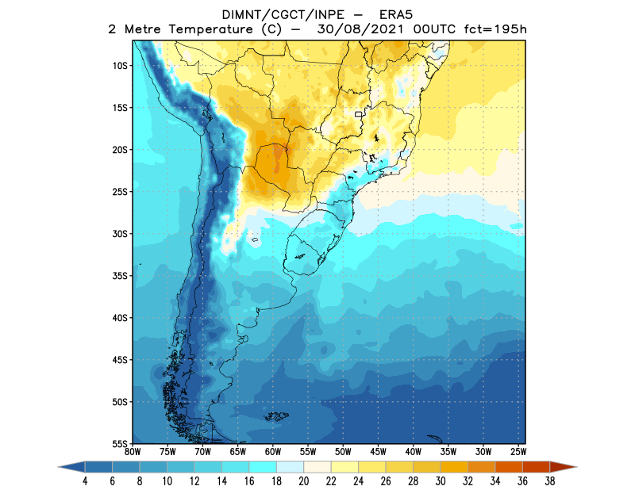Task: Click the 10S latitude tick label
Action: [x=121, y=66]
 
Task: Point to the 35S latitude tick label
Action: [x=121, y=276]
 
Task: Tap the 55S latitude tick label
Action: [x=121, y=443]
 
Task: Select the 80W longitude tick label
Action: [x=133, y=453]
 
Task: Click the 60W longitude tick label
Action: [x=272, y=453]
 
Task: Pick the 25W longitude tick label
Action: [x=518, y=453]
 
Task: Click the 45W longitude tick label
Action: [x=378, y=453]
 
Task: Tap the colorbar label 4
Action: [x=84, y=481]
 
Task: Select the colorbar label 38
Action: [x=549, y=481]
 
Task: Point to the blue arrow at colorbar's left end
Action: [x=71, y=468]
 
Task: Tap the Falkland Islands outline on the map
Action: [x=275, y=416]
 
